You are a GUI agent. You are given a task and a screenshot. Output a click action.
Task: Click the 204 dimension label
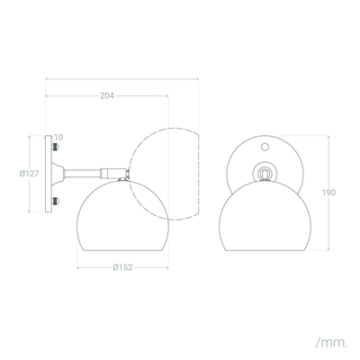(x=107, y=95)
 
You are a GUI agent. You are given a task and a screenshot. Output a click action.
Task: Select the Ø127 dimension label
(x=30, y=174)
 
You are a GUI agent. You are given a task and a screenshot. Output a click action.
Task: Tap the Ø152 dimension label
(x=122, y=267)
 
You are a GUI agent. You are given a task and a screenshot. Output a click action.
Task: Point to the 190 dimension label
(x=328, y=193)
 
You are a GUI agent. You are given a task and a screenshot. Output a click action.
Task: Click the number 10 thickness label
(x=58, y=138)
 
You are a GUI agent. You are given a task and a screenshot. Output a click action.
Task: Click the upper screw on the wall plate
(x=55, y=147)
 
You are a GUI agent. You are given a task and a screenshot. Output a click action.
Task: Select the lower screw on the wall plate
(x=55, y=201)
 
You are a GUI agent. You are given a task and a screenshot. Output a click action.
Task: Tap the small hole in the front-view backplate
(x=265, y=147)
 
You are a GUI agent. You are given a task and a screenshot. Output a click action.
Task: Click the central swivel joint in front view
(x=265, y=173)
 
